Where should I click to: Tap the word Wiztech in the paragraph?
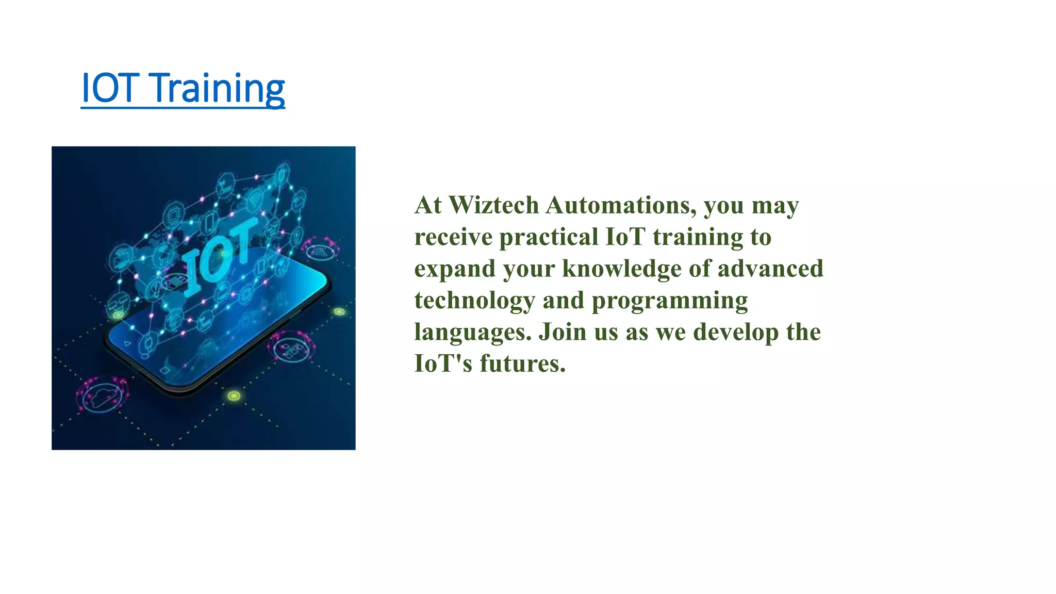pyautogui.click(x=493, y=205)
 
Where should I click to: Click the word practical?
pyautogui.click(x=549, y=237)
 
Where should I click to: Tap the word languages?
pyautogui.click(x=472, y=333)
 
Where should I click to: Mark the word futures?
pyautogui.click(x=522, y=364)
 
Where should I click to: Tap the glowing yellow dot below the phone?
pyautogui.click(x=234, y=395)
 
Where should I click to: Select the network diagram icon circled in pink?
pyautogui.click(x=291, y=349)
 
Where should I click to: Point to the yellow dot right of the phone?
pyautogui.click(x=339, y=311)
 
